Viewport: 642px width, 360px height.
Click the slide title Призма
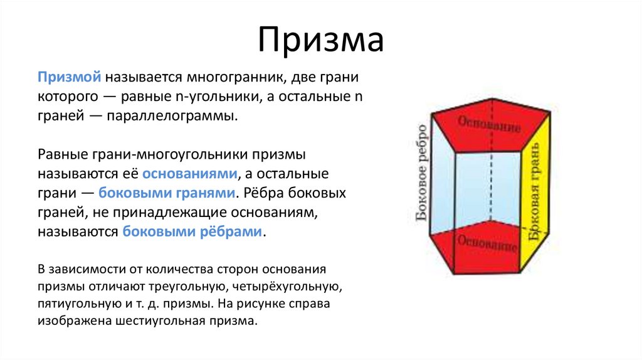320,41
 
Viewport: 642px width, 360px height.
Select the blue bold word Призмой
69,77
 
